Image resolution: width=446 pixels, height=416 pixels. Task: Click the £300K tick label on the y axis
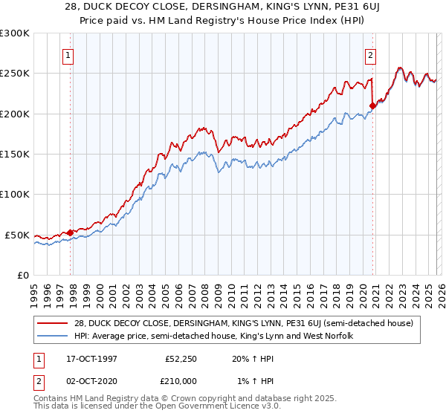coord(15,33)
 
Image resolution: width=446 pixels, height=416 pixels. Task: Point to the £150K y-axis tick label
coord(15,155)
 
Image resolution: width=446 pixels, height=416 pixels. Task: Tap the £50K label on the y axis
coord(17,235)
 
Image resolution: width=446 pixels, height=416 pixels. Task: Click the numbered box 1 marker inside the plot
coord(68,54)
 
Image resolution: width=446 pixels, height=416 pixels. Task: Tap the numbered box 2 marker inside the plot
coord(370,54)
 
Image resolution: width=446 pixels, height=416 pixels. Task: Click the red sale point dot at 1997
coord(71,233)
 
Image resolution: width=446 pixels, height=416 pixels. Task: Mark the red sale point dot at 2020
coord(372,105)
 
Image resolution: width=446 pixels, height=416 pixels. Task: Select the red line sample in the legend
coord(53,323)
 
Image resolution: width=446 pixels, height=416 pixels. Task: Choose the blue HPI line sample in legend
coord(53,337)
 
